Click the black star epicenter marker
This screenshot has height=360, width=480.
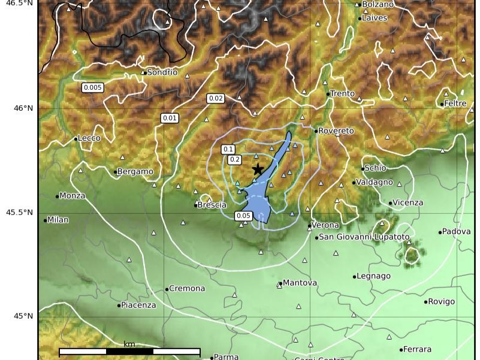(258, 169)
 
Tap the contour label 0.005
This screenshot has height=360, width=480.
(93, 87)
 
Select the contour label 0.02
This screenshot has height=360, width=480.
(216, 98)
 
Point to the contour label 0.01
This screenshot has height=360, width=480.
(170, 118)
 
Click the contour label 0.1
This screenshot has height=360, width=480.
(228, 149)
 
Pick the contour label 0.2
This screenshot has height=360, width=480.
(234, 159)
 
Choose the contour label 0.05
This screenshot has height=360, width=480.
(243, 216)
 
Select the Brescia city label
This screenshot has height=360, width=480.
(212, 205)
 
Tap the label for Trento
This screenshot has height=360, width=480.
(342, 93)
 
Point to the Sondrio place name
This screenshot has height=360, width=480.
(162, 72)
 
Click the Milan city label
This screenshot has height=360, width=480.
(58, 220)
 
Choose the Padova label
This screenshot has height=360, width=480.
(457, 231)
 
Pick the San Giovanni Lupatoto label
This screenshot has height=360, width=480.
(364, 237)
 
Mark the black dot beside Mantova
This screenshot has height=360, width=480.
(280, 283)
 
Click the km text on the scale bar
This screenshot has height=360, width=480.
(129, 344)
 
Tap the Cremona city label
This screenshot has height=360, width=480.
(187, 289)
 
